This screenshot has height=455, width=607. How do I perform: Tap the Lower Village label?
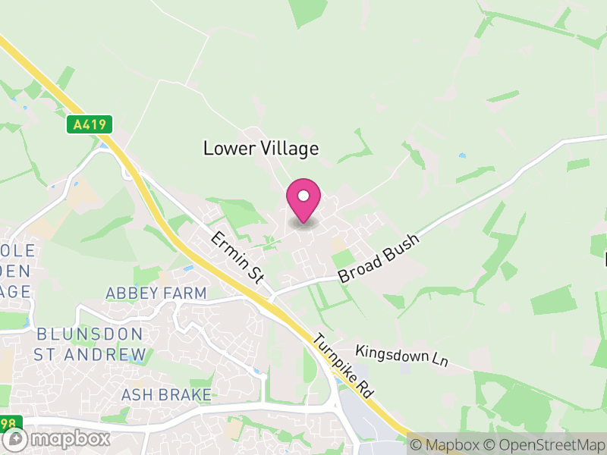pyautogui.click(x=261, y=149)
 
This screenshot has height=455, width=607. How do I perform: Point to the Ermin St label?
pyautogui.click(x=237, y=258)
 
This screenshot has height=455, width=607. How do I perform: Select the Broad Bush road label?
pyautogui.click(x=379, y=259)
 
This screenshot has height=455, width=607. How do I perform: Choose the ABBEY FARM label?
pyautogui.click(x=156, y=293)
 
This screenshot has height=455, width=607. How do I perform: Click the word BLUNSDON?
pyautogui.click(x=90, y=334)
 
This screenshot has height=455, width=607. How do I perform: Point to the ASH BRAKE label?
pyautogui.click(x=166, y=394)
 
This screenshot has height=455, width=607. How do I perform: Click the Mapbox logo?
pyautogui.click(x=57, y=438)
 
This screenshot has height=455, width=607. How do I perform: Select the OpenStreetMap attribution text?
pyautogui.click(x=545, y=445)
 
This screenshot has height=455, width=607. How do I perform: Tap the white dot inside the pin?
pyautogui.click(x=303, y=196)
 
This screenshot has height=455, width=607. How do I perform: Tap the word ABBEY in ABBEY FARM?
pyautogui.click(x=131, y=293)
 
